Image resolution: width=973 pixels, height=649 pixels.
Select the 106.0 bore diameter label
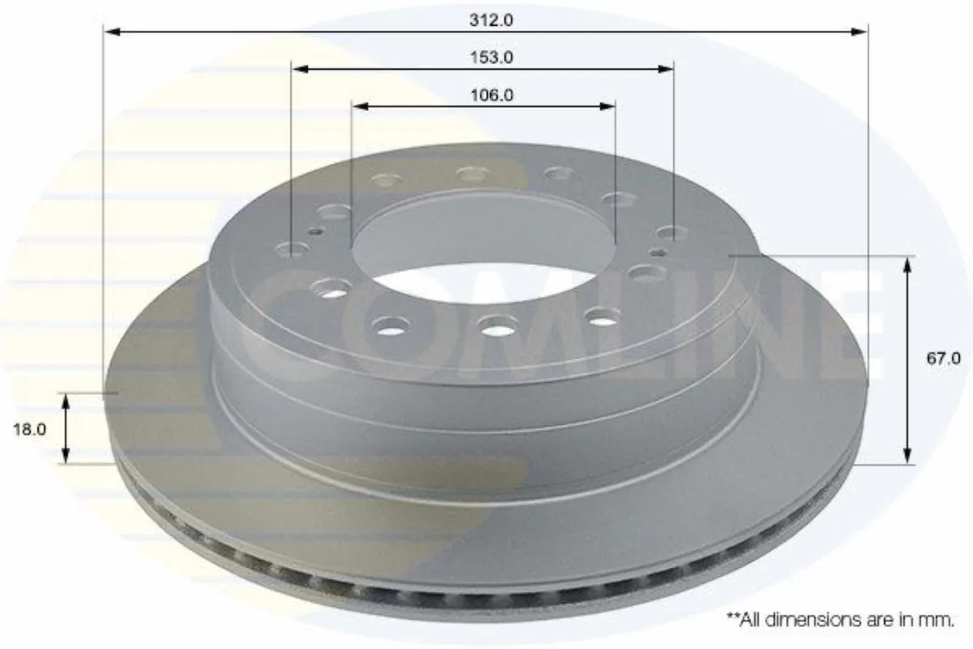tap(491, 95)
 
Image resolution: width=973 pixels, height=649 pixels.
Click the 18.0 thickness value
tap(29, 429)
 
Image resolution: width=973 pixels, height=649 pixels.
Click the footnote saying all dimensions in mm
tap(839, 620)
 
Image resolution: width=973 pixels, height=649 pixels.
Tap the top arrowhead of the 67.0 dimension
tap(907, 263)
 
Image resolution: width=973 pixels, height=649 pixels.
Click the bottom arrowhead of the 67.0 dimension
tap(907, 457)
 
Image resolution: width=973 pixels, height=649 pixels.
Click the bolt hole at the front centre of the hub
tap(493, 326)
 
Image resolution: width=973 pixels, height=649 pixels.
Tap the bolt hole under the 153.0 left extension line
tap(292, 248)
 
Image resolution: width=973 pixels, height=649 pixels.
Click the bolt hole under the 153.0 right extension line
tap(671, 234)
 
